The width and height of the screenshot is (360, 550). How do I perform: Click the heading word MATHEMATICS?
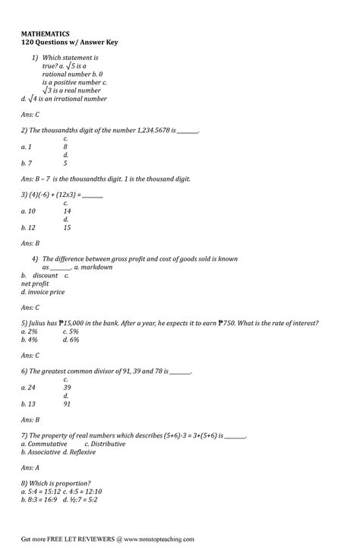pyautogui.click(x=46, y=34)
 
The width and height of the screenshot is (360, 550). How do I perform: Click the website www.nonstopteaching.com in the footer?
pyautogui.click(x=156, y=539)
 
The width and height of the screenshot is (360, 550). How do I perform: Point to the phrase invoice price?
pyautogui.click(x=45, y=292)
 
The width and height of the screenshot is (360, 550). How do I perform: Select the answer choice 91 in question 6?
pyautogui.click(x=67, y=404)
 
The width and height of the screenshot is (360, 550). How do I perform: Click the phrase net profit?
pyautogui.click(x=35, y=283)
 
